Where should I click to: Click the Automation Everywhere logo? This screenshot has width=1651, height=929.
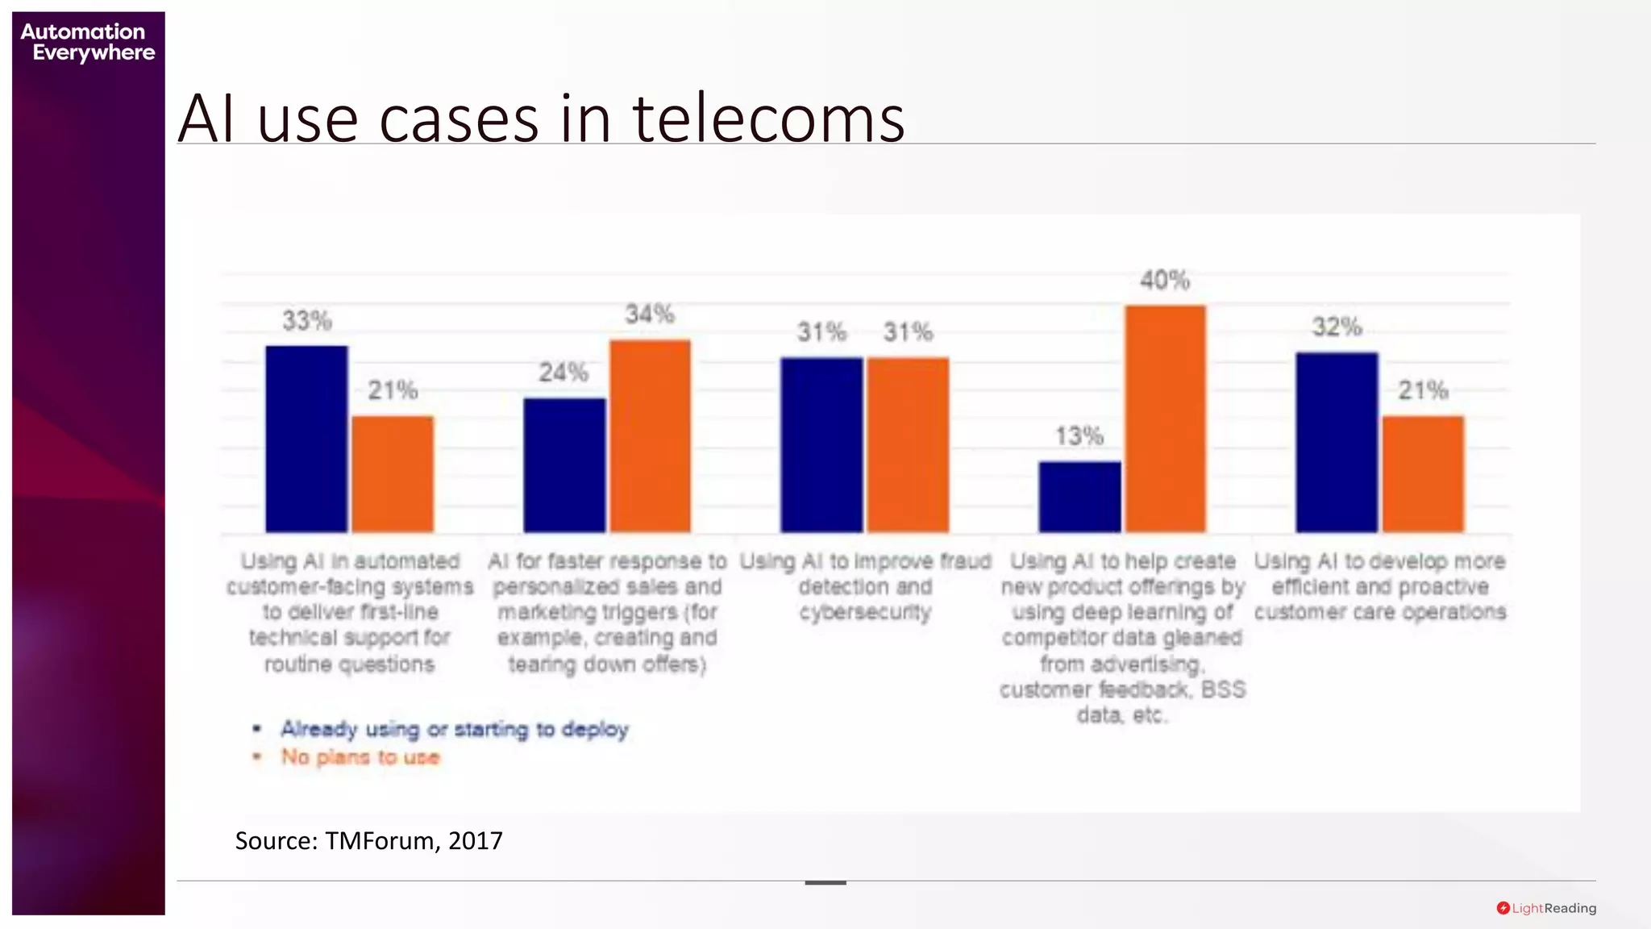tap(87, 42)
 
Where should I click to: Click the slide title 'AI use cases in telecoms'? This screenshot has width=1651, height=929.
tap(541, 119)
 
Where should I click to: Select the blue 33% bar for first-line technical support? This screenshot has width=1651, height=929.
tap(306, 439)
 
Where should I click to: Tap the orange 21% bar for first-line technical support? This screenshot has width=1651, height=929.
tap(393, 474)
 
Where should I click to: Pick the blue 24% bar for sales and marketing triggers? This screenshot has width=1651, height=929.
tap(564, 465)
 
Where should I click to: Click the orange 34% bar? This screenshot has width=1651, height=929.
tap(650, 436)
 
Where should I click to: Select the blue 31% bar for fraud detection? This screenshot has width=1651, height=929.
tap(821, 444)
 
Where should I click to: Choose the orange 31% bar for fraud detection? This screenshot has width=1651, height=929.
tap(908, 444)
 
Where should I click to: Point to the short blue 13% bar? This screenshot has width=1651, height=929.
tap(1079, 497)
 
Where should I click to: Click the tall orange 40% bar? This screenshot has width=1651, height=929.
tap(1166, 419)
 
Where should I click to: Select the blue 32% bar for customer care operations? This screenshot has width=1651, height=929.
tap(1337, 442)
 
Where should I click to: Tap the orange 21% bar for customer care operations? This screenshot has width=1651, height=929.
tap(1423, 474)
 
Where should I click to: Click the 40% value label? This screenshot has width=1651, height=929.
tap(1165, 281)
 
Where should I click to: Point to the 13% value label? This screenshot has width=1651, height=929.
tap(1079, 436)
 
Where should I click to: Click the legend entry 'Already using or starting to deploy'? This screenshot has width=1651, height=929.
tap(454, 729)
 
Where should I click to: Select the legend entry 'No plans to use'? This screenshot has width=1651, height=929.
tap(360, 757)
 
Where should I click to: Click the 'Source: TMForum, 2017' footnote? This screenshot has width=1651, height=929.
tap(368, 841)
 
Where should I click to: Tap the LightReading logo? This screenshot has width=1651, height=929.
tap(1546, 908)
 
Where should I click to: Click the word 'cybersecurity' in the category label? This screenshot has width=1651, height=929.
tap(865, 613)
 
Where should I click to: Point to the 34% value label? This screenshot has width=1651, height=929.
tap(650, 314)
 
